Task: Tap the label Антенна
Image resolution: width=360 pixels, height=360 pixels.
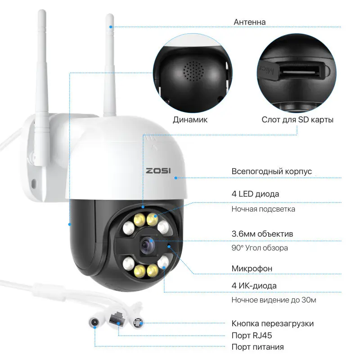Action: point(250,22)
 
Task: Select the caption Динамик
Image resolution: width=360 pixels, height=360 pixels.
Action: point(190,120)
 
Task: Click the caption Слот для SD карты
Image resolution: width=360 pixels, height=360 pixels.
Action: point(297,120)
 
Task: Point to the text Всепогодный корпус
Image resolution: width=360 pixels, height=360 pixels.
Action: point(271,171)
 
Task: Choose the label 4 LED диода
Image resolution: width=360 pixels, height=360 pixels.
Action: point(255,194)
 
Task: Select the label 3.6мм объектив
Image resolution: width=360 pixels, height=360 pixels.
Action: point(262,234)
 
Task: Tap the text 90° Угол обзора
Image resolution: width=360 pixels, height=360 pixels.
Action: point(260,248)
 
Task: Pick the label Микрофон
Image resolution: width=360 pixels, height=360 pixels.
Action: point(252,269)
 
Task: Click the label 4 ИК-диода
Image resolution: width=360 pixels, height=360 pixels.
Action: point(254,286)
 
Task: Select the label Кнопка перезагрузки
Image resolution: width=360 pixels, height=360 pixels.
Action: point(272,324)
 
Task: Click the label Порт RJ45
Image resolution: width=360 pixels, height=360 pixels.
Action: point(252,335)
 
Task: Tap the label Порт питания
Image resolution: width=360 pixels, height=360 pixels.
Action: point(257,347)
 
